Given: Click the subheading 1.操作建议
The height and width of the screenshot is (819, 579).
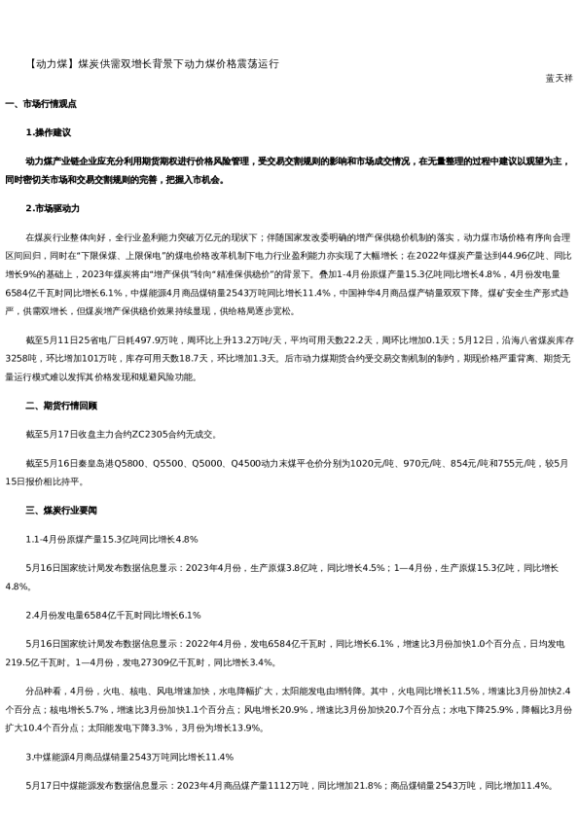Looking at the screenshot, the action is [49, 130].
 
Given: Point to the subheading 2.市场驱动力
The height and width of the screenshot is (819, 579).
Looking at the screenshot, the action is [53, 208].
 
